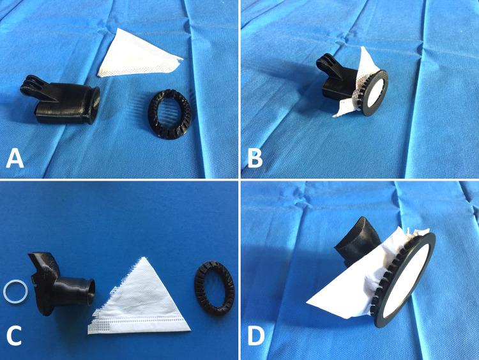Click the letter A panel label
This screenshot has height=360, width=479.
coord(15,158)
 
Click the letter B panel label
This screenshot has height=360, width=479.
coord(255,158)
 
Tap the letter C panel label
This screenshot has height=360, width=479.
coord(14,336)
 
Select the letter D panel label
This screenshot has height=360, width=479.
coord(256,336)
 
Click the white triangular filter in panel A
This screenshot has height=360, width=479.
coord(134,56)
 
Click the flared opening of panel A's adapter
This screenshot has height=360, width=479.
coord(93,105)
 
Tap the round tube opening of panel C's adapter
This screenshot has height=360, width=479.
coord(91,292)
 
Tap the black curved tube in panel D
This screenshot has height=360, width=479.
coord(358,241)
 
